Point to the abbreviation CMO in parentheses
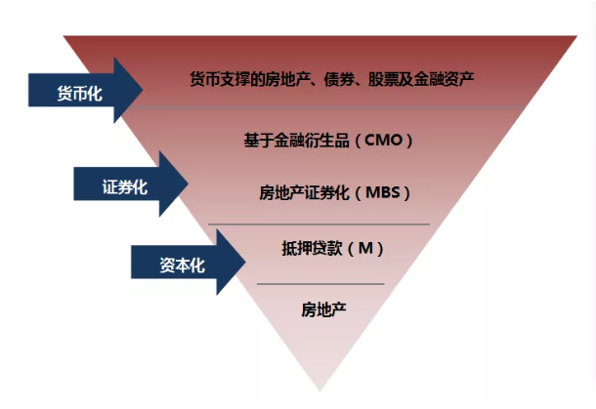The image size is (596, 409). [x=388, y=140]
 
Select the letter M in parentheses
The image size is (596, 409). [x=363, y=248]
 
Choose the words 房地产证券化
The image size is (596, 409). [x=304, y=191]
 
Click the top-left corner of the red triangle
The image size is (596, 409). [x=65, y=37]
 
